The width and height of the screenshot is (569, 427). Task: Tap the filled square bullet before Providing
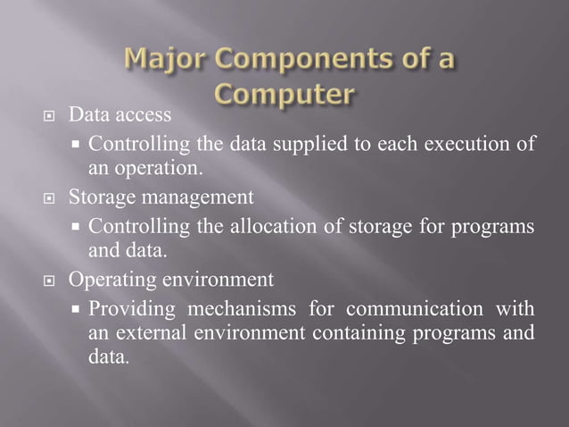(78, 309)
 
